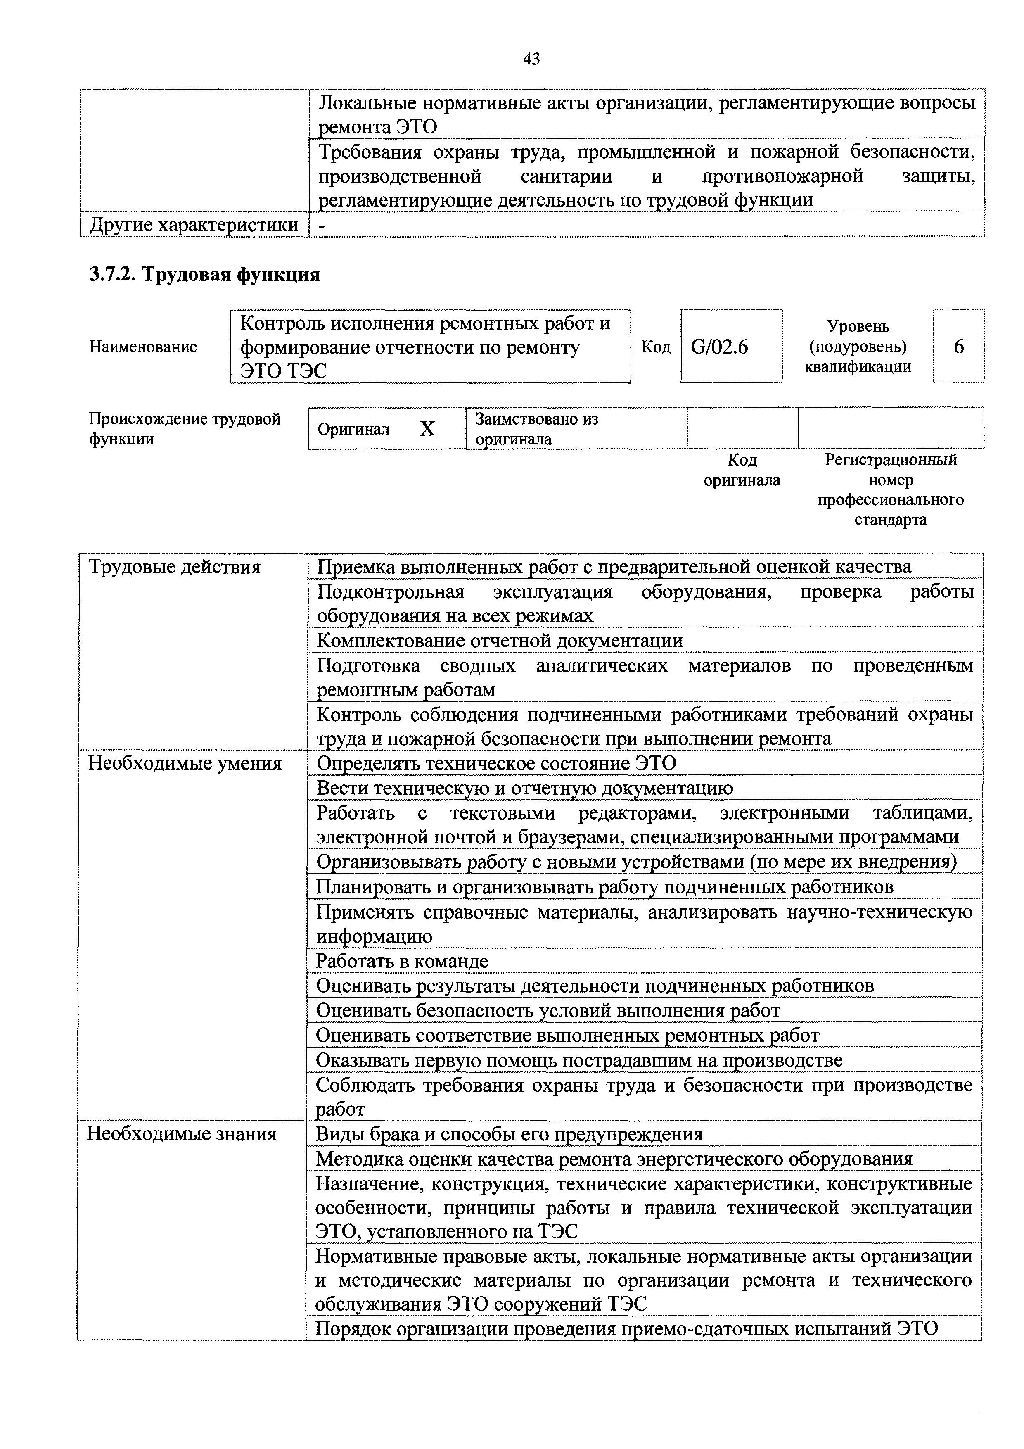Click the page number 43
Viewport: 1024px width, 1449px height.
click(x=531, y=59)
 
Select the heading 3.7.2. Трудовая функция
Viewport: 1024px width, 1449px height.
click(x=204, y=275)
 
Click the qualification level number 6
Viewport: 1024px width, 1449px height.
click(x=958, y=347)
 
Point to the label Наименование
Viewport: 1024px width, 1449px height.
click(x=143, y=347)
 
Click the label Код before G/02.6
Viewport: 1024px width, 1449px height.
click(x=656, y=347)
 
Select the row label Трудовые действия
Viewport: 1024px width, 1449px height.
click(x=175, y=568)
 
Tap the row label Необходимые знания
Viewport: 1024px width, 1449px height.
click(x=183, y=1134)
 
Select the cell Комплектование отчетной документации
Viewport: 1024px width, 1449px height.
click(x=499, y=641)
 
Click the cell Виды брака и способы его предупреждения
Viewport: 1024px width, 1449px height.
click(x=509, y=1134)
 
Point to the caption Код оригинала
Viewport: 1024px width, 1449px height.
click(x=742, y=470)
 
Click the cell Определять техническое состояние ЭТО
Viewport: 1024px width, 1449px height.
click(x=496, y=764)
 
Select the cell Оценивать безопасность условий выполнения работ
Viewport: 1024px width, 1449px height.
click(x=548, y=1010)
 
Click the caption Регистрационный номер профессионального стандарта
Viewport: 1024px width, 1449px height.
click(x=890, y=489)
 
